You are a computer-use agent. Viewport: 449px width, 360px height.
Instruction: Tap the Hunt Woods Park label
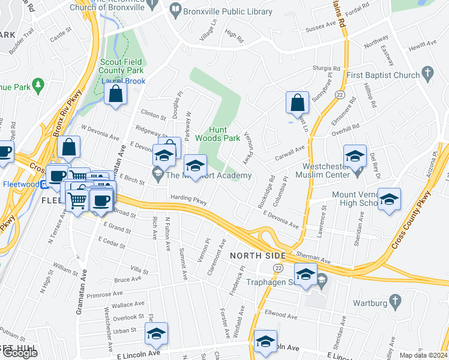coord(224,134)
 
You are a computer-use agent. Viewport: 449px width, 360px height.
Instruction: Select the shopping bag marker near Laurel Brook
coord(115,94)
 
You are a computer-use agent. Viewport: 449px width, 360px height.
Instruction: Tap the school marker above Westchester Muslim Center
coord(355,155)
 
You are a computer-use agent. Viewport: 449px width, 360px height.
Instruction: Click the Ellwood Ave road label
coord(278,313)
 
